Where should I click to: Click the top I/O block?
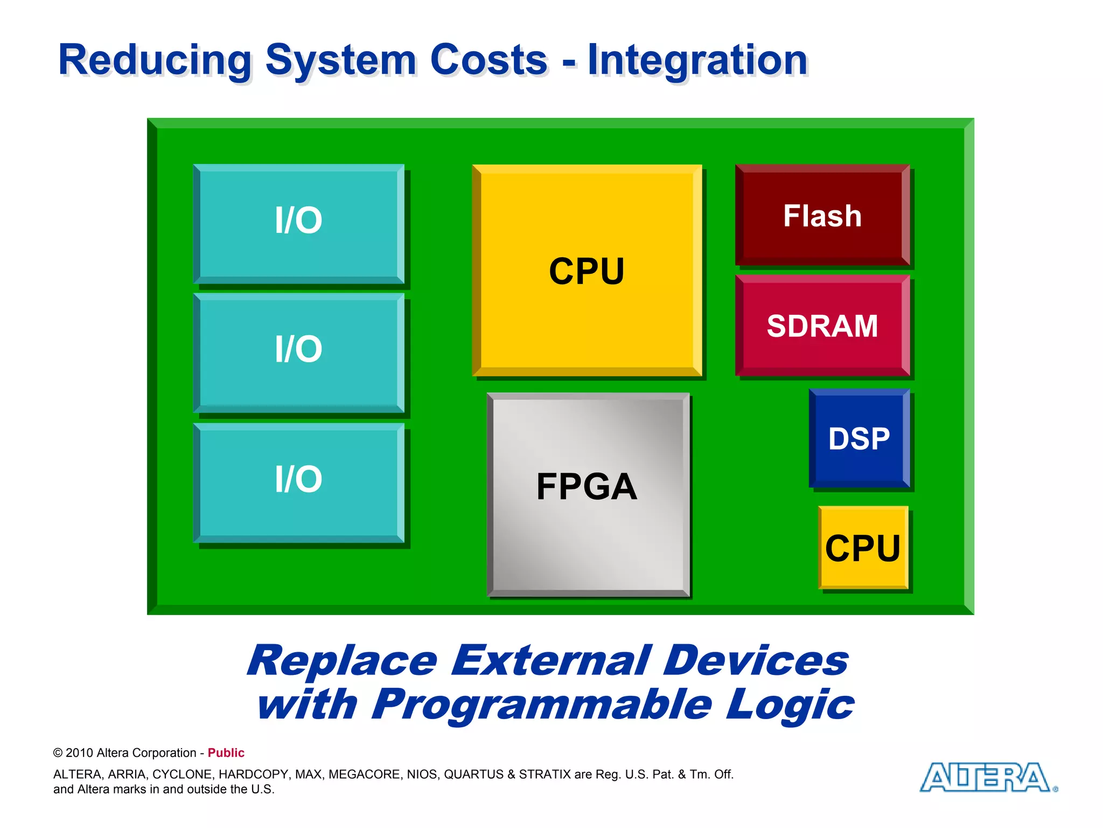[298, 224]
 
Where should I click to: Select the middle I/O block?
[298, 353]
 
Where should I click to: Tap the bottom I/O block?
[298, 482]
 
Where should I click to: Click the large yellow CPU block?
[587, 271]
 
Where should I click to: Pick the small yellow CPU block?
[863, 548]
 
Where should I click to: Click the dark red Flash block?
[822, 215]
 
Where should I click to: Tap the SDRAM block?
[822, 326]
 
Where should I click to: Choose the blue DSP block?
[859, 438]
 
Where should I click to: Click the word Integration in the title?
[697, 60]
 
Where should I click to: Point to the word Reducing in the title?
[155, 60]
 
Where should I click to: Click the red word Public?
[226, 753]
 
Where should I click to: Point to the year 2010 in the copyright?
[79, 753]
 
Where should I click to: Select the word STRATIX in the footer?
[544, 774]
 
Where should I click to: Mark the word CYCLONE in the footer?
[183, 774]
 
